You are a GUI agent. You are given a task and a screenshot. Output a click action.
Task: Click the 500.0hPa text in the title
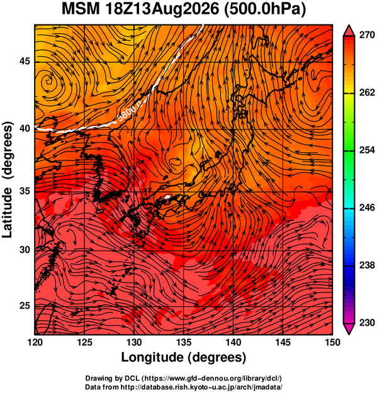(264, 9)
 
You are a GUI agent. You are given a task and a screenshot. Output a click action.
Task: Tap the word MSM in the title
(81, 9)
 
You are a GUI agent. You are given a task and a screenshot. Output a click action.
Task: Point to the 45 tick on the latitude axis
(25, 61)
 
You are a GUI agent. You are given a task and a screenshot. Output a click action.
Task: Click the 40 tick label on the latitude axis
(25, 128)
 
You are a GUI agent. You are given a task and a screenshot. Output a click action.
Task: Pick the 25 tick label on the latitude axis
(25, 306)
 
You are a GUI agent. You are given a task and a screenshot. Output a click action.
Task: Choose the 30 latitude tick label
(25, 250)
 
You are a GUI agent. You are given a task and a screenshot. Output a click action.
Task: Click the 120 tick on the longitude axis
(35, 342)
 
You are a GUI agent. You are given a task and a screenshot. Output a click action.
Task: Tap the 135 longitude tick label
(184, 342)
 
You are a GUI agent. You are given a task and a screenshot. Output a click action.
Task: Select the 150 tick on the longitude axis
(332, 342)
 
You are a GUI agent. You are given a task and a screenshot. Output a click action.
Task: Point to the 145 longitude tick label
(283, 342)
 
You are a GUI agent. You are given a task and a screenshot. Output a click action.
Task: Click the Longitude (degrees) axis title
(184, 357)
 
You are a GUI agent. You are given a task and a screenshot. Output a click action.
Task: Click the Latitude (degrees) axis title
(8, 180)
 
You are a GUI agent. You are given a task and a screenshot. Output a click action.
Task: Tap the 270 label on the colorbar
(367, 35)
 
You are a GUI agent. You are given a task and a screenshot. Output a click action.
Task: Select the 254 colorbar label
(367, 150)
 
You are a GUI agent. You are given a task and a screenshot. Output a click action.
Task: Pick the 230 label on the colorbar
(367, 323)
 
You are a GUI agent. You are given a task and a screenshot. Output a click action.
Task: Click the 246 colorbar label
(367, 208)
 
